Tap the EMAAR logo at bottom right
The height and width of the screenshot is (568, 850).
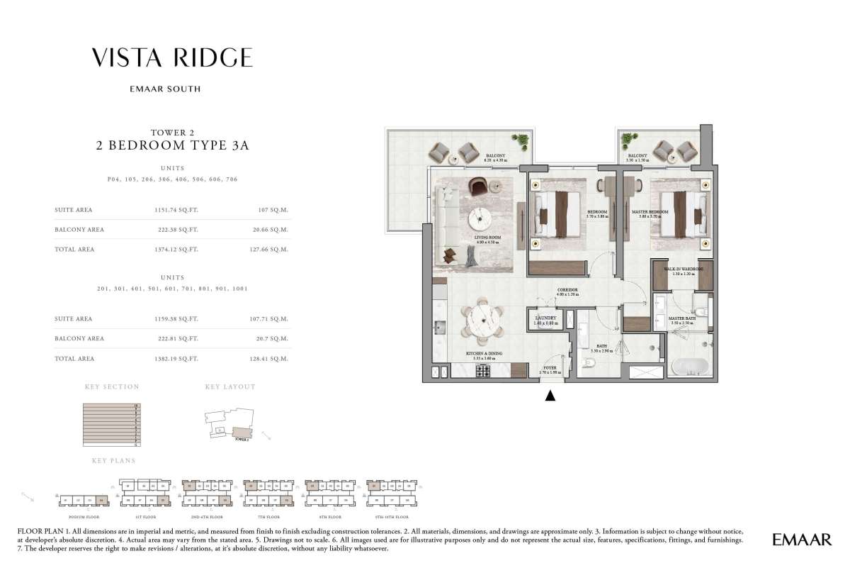click(x=801, y=540)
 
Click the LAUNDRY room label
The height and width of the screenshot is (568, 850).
click(x=545, y=319)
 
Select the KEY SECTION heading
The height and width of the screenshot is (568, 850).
click(x=112, y=387)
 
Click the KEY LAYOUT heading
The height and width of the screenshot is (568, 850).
click(x=229, y=387)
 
